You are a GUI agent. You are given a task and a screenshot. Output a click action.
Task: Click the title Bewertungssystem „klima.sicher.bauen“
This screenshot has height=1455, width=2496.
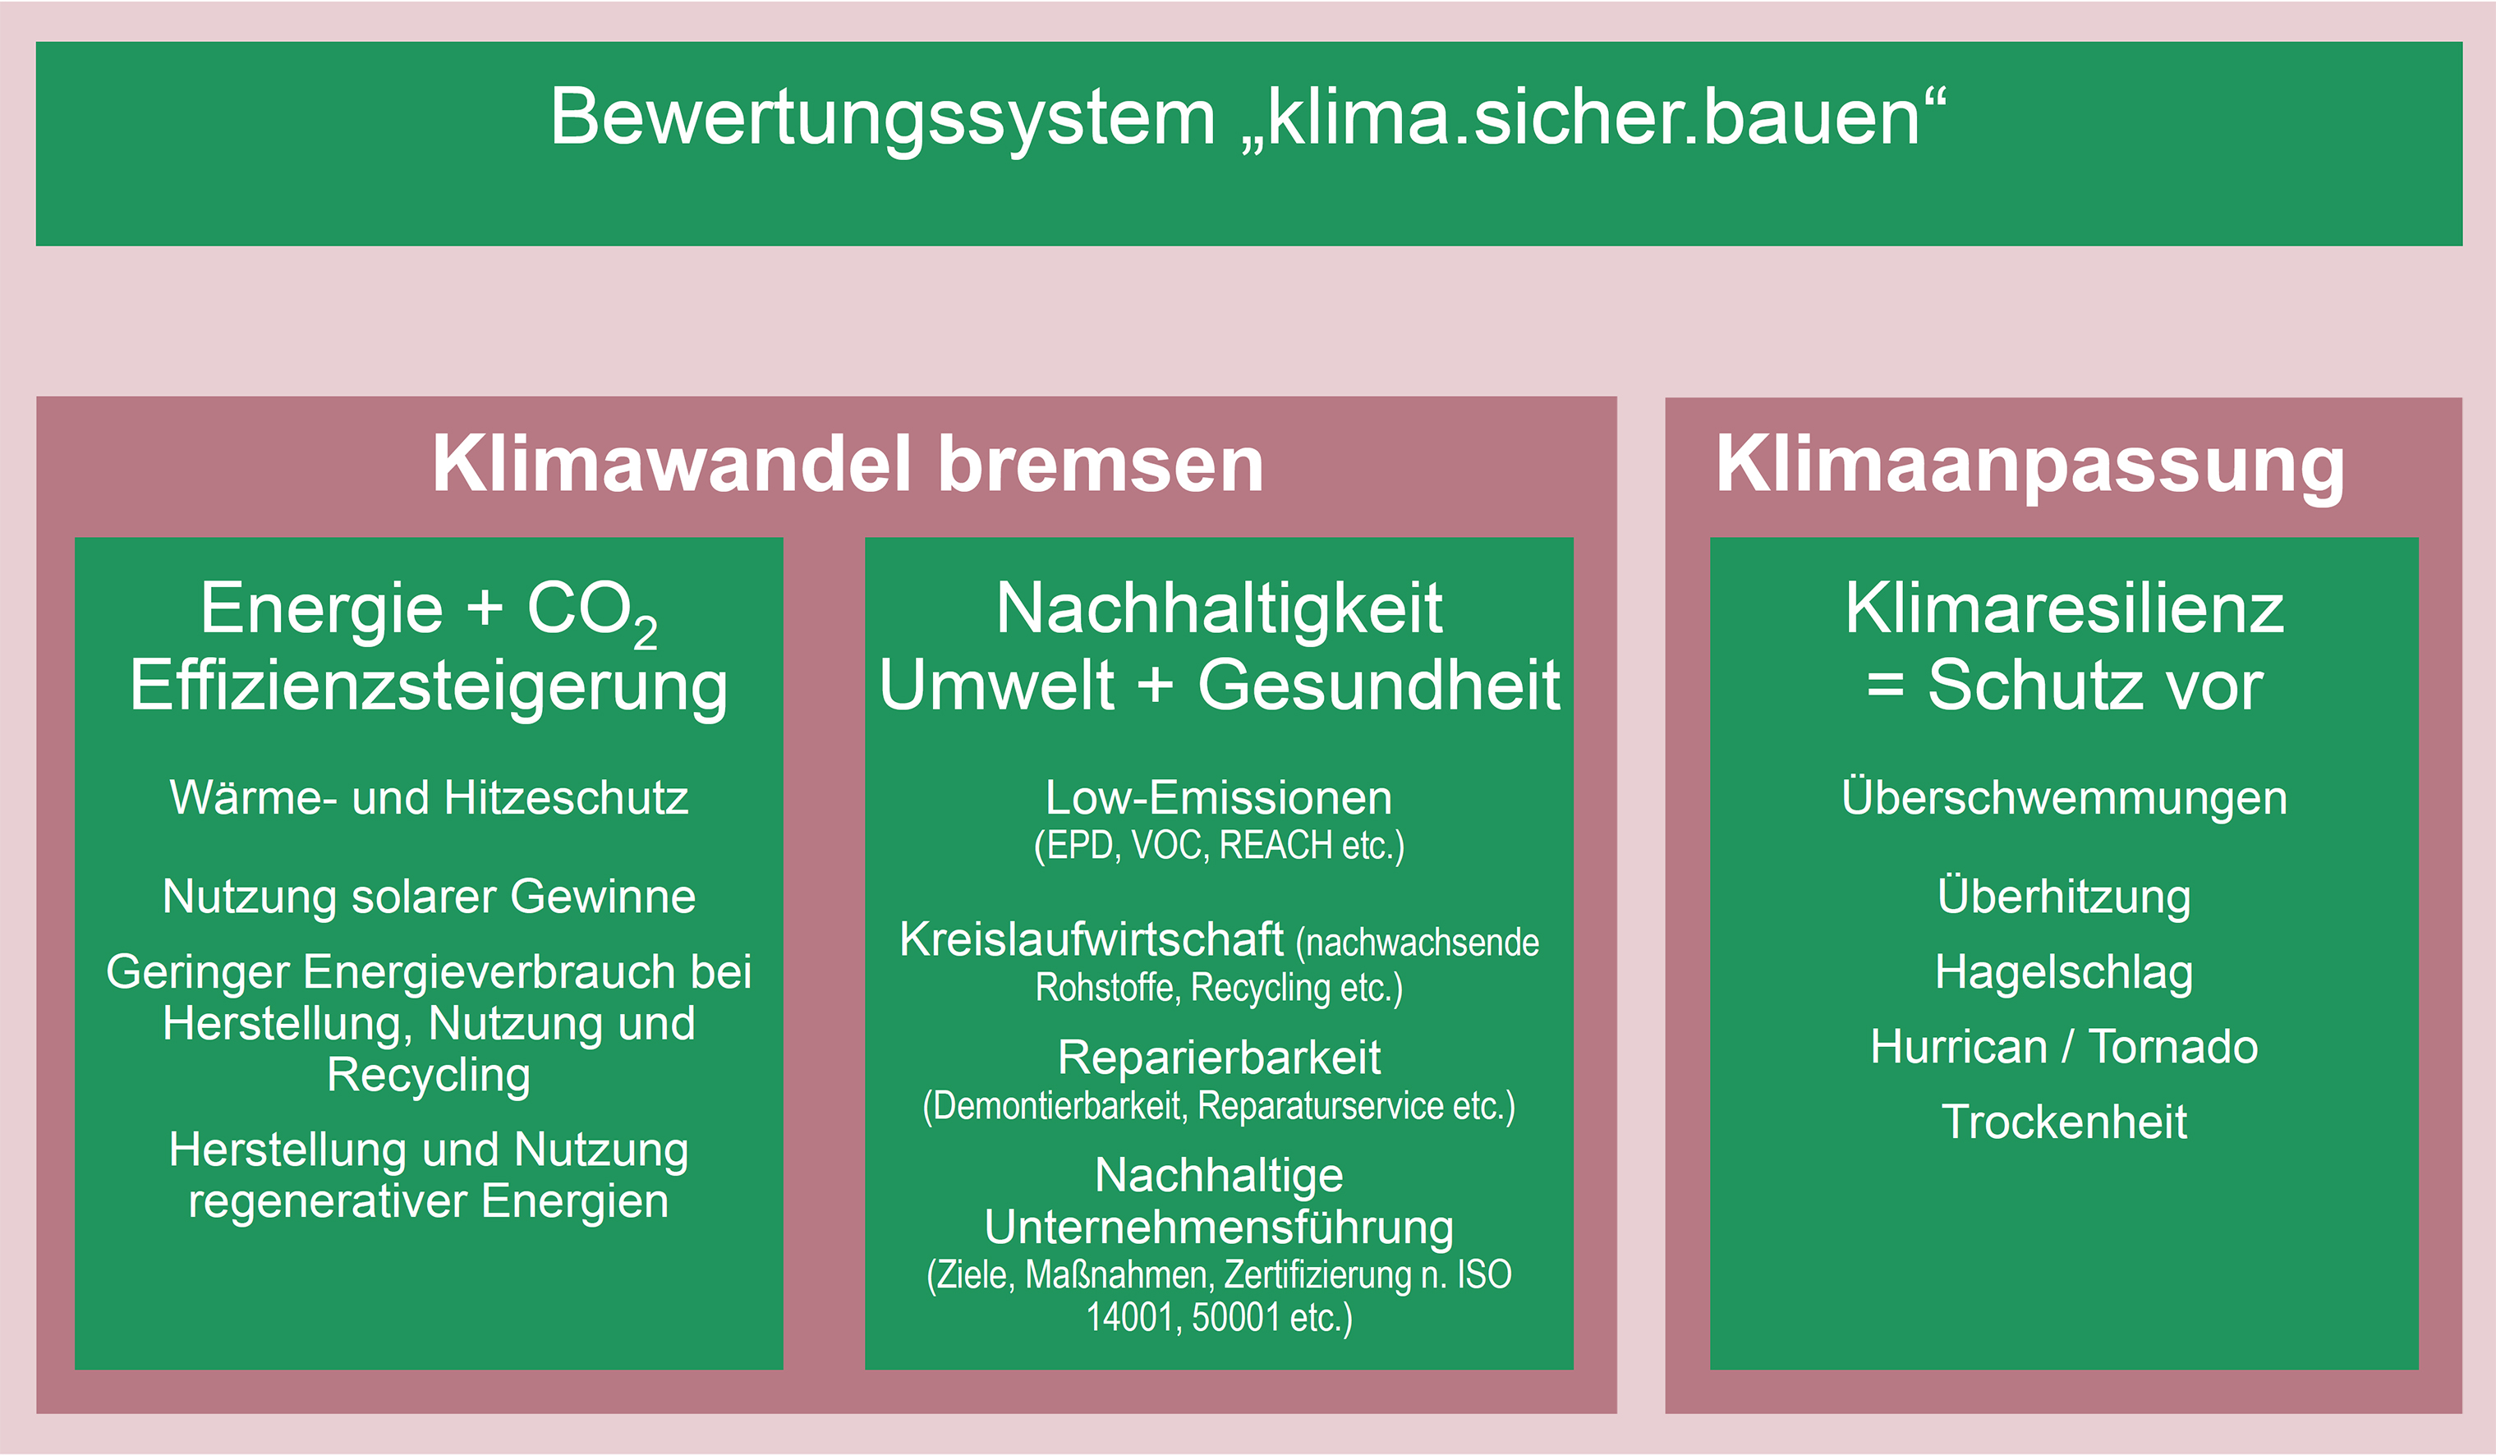click(1248, 117)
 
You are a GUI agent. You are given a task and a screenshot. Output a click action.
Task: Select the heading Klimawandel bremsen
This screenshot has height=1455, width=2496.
click(848, 464)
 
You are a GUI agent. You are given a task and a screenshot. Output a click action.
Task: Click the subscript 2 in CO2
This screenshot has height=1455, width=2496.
click(645, 633)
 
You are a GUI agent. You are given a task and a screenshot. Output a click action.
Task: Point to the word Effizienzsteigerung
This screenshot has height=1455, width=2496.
click(429, 686)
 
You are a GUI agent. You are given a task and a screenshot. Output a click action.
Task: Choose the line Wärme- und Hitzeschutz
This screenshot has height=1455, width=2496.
click(429, 797)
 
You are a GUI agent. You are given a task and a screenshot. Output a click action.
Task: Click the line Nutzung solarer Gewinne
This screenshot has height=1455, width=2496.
click(429, 897)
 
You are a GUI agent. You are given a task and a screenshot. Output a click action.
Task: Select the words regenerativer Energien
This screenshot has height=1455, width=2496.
click(429, 1202)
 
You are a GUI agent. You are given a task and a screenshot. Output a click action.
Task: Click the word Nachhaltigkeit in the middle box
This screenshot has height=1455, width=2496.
click(1220, 608)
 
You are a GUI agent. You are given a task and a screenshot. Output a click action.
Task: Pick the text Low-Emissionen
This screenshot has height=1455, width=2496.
click(1220, 797)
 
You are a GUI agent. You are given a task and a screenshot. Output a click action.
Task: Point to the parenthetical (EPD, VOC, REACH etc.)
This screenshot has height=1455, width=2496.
click(1220, 846)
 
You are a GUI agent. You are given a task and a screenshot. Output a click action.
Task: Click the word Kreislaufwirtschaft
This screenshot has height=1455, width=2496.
click(1092, 939)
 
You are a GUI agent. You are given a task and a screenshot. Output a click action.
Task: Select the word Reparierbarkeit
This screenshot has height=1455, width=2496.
click(1220, 1058)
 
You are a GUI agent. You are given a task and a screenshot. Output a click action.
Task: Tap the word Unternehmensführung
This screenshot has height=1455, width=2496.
click(1220, 1228)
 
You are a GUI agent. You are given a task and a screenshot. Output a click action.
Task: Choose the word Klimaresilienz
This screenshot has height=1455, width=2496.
click(2064, 608)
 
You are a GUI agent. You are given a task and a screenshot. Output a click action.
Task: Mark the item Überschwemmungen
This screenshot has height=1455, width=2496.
click(2064, 796)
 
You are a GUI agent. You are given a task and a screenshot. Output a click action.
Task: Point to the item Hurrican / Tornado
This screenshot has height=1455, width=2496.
click(2064, 1047)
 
